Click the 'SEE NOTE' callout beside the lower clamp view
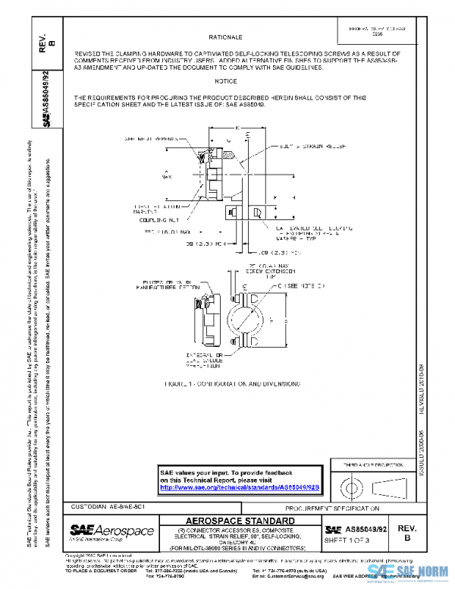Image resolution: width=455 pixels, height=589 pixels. (302, 285)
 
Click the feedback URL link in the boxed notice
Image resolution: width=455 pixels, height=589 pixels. (241, 487)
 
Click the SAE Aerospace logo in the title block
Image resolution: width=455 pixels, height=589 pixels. (112, 531)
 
